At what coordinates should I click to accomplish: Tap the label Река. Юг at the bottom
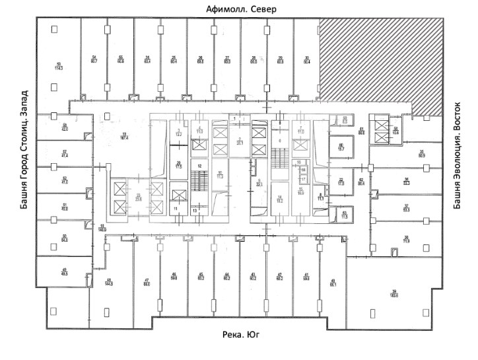coord(240,336)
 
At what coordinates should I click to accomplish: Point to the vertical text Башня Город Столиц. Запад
coord(24,150)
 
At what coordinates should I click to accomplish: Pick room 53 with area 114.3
coord(58,66)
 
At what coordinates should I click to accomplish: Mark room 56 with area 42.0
coord(65,127)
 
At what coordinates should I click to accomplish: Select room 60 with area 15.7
coord(341,148)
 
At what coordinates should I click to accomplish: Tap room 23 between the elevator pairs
coord(138,196)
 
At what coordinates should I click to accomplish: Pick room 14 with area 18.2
coord(279,199)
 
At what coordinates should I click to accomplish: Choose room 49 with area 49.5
coord(65,271)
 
